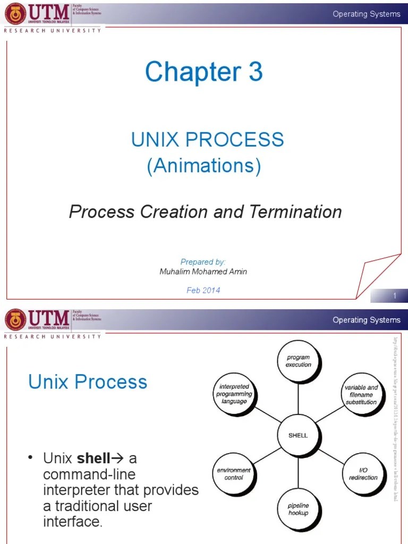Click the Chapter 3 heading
click(204, 72)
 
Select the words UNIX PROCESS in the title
click(208, 140)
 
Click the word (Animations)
click(204, 166)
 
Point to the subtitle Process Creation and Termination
click(205, 212)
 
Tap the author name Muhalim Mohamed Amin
click(203, 271)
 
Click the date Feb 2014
click(203, 290)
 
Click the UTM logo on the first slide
click(37, 13)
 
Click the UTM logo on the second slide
click(37, 320)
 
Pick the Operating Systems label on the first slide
click(367, 14)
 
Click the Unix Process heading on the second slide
click(88, 381)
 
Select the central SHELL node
click(298, 435)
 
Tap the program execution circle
click(298, 361)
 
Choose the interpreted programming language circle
click(234, 394)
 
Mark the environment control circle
click(234, 474)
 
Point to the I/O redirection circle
click(363, 474)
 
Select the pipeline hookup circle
click(298, 509)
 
